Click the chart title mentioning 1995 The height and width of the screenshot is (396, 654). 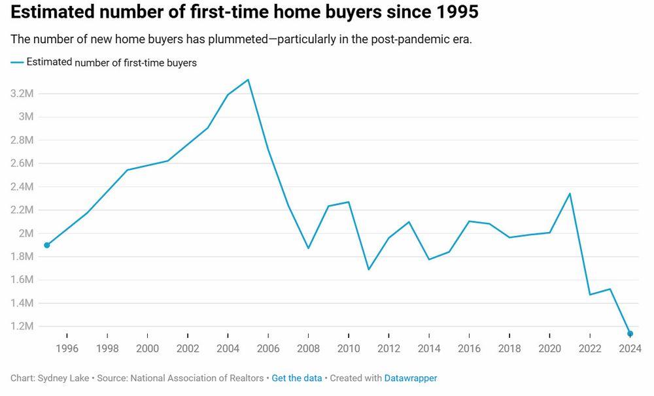(239, 12)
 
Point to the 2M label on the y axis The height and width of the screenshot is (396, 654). (26, 233)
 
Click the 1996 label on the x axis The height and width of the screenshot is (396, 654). (67, 348)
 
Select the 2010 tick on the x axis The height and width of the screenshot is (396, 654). (349, 348)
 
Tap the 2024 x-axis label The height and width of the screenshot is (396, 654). (630, 348)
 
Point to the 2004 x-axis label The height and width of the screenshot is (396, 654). (228, 348)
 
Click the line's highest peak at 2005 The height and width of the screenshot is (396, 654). (248, 80)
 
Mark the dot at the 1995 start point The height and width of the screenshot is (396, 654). (46, 245)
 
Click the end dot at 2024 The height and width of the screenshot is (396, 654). (630, 334)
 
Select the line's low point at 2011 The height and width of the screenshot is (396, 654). (369, 269)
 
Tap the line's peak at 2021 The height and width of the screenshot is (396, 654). (570, 193)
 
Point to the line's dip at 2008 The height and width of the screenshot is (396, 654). (308, 248)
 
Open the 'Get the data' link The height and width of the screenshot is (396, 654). (296, 378)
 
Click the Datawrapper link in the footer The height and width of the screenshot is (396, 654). (410, 378)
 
